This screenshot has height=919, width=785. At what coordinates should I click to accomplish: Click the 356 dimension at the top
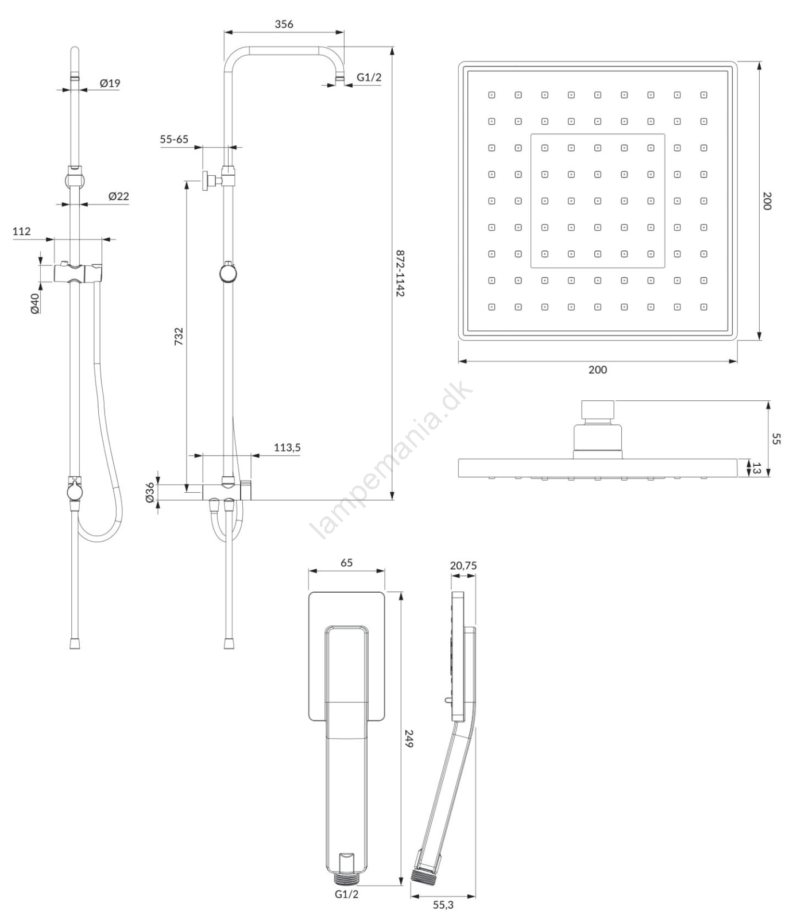(284, 24)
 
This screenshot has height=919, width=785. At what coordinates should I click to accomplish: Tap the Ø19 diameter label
(110, 83)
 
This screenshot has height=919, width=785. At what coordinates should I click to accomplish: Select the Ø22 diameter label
(119, 196)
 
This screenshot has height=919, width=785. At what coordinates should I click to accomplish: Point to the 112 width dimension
(21, 231)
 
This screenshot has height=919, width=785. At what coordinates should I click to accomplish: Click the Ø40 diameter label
(34, 303)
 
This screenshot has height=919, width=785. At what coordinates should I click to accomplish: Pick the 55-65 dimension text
(174, 140)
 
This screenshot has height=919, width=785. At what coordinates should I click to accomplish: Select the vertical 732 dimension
(179, 336)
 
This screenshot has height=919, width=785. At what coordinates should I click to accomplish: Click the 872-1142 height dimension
(400, 273)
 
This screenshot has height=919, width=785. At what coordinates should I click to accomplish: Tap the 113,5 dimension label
(287, 447)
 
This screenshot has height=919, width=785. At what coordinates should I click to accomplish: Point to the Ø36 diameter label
(150, 492)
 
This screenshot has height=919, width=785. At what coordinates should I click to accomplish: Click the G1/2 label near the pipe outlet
(369, 78)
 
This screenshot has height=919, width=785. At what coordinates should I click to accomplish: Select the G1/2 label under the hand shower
(346, 894)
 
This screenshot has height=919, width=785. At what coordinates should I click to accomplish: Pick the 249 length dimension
(409, 738)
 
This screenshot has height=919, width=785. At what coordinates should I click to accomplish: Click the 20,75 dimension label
(463, 566)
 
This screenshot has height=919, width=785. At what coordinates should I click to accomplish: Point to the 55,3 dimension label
(443, 905)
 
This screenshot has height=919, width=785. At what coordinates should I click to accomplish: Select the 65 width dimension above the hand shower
(346, 563)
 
